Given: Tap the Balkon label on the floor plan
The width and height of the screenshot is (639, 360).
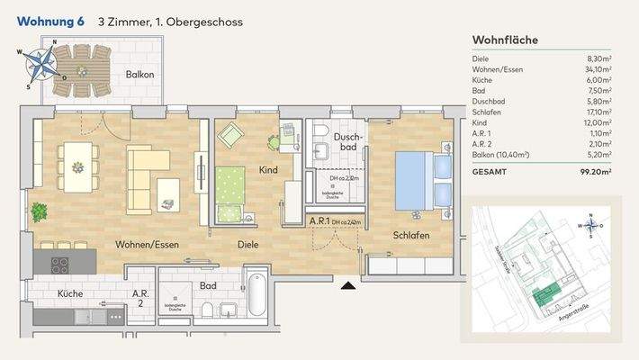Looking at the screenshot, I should tap(140, 75).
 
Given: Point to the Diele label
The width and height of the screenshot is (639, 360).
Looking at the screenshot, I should tap(248, 244).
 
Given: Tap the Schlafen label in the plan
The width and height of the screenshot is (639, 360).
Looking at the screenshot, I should tap(410, 235).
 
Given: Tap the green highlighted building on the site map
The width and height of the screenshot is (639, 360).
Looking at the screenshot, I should tap(542, 293).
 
